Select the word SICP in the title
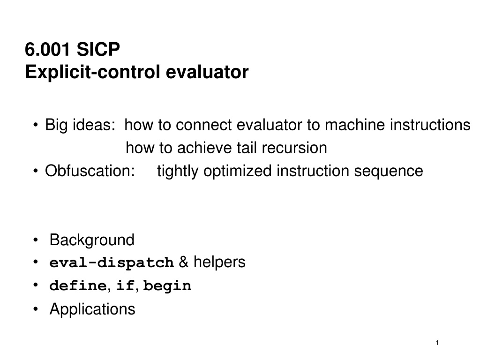(98, 49)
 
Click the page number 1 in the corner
(437, 343)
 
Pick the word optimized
(238, 171)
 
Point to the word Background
(92, 240)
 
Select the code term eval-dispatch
(112, 263)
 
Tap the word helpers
(219, 262)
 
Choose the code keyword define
(78, 285)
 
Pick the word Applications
(92, 309)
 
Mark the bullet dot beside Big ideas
(36, 125)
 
